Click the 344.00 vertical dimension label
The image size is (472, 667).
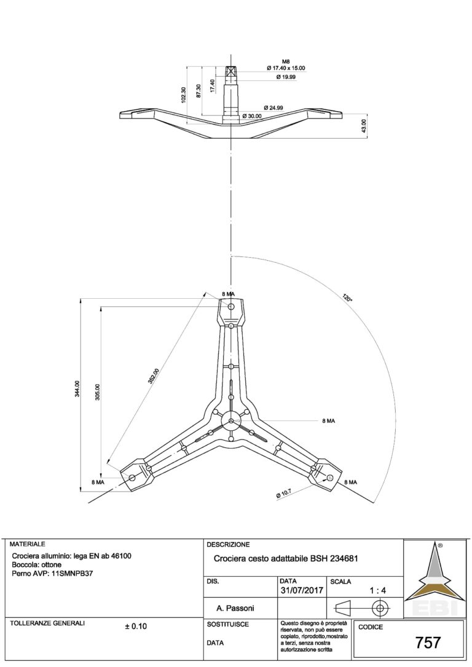77,388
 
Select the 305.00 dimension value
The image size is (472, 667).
98,392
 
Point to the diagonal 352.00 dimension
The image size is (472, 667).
154,376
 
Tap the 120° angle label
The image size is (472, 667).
347,298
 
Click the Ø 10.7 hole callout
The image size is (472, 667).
284,493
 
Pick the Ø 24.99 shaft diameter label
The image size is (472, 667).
273,107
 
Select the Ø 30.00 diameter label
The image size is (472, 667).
252,116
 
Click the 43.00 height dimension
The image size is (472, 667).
363,126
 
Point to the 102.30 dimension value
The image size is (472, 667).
184,95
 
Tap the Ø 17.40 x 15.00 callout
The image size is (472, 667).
286,68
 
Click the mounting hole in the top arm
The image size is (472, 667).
231,306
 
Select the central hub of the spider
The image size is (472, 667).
230,421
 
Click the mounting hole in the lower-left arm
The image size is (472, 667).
132,477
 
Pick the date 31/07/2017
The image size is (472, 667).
302,591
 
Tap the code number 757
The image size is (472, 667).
428,642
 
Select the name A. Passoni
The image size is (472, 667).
235,609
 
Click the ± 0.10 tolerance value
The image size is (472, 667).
136,626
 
